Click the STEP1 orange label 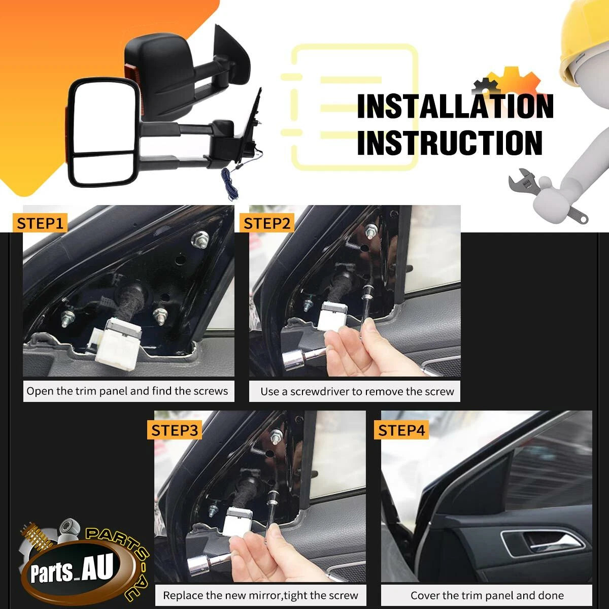[40, 223]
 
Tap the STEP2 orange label [267, 223]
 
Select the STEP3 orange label [175, 430]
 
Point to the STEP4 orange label [401, 430]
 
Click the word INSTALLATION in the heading [455, 106]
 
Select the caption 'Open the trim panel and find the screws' [127, 391]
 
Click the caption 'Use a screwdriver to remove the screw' [357, 392]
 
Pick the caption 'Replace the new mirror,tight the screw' [260, 595]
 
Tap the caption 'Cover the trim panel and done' [487, 595]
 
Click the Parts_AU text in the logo [72, 569]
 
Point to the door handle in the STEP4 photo [543, 544]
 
